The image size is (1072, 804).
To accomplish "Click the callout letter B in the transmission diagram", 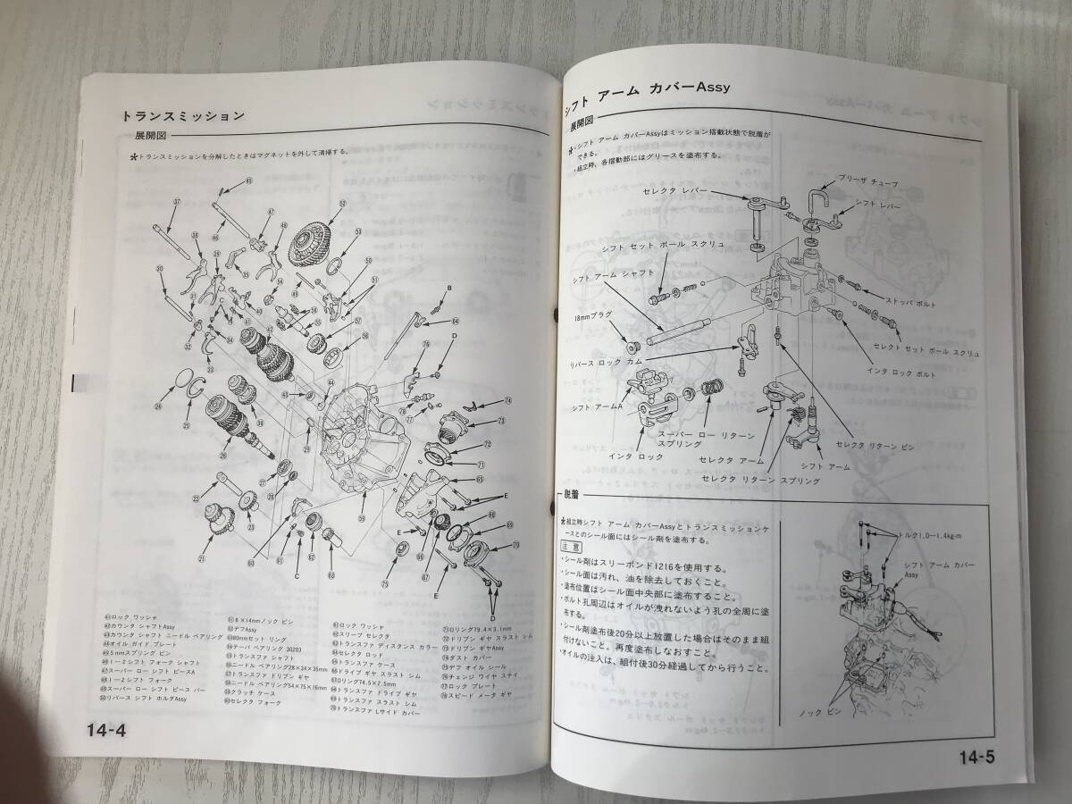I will (449, 288).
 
